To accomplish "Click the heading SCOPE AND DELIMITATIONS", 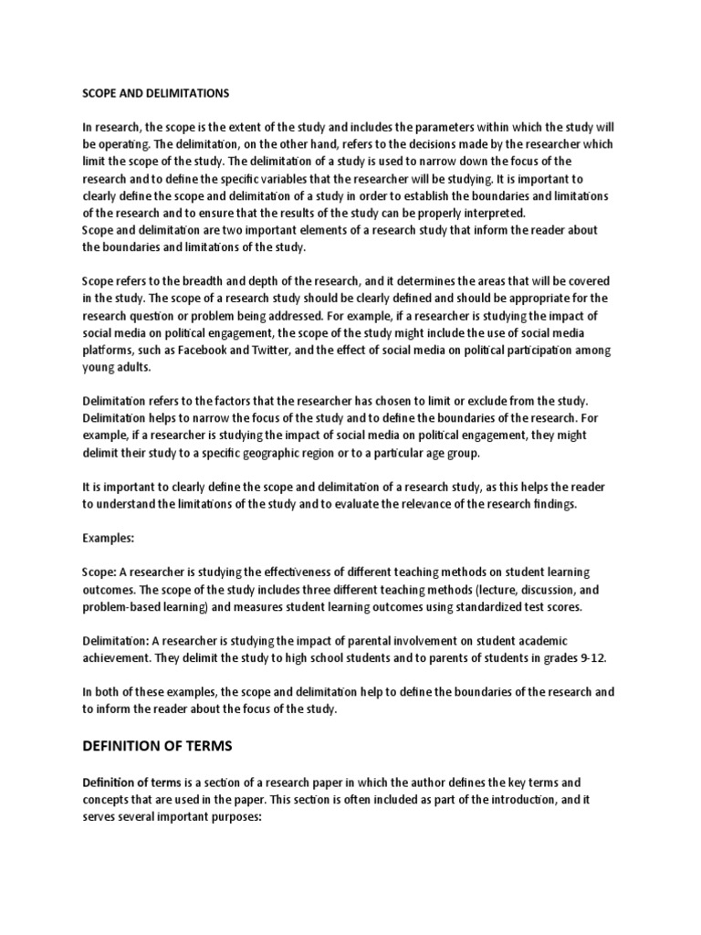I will point(155,93).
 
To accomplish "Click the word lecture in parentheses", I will point(492,590).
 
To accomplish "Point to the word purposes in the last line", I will point(236,818).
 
